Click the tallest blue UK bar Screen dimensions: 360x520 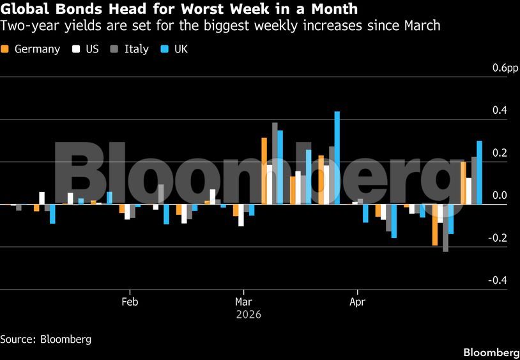337,158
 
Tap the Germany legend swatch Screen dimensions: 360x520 6,49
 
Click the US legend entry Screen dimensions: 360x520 86,49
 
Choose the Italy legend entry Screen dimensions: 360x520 130,49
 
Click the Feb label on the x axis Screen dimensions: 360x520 130,301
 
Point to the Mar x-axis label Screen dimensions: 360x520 243,301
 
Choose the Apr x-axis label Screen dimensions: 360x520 356,301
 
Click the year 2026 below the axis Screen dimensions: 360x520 249,315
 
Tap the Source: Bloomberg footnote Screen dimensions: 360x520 45,339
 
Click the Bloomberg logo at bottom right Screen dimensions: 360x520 491,352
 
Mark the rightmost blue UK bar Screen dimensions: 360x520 479,173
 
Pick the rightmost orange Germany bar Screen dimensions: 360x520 463,183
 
